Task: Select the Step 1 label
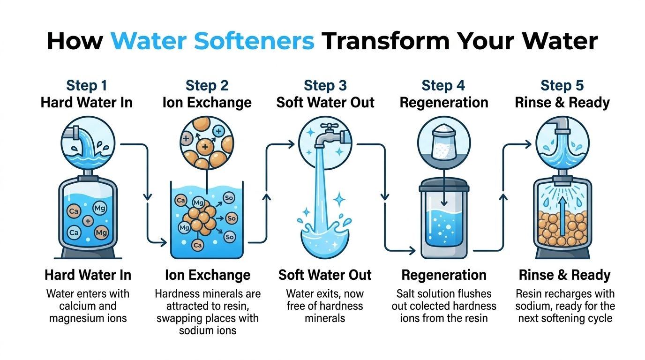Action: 87,85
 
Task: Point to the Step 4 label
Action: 443,85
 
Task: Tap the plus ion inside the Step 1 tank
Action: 87,220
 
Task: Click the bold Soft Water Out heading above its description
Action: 325,275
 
